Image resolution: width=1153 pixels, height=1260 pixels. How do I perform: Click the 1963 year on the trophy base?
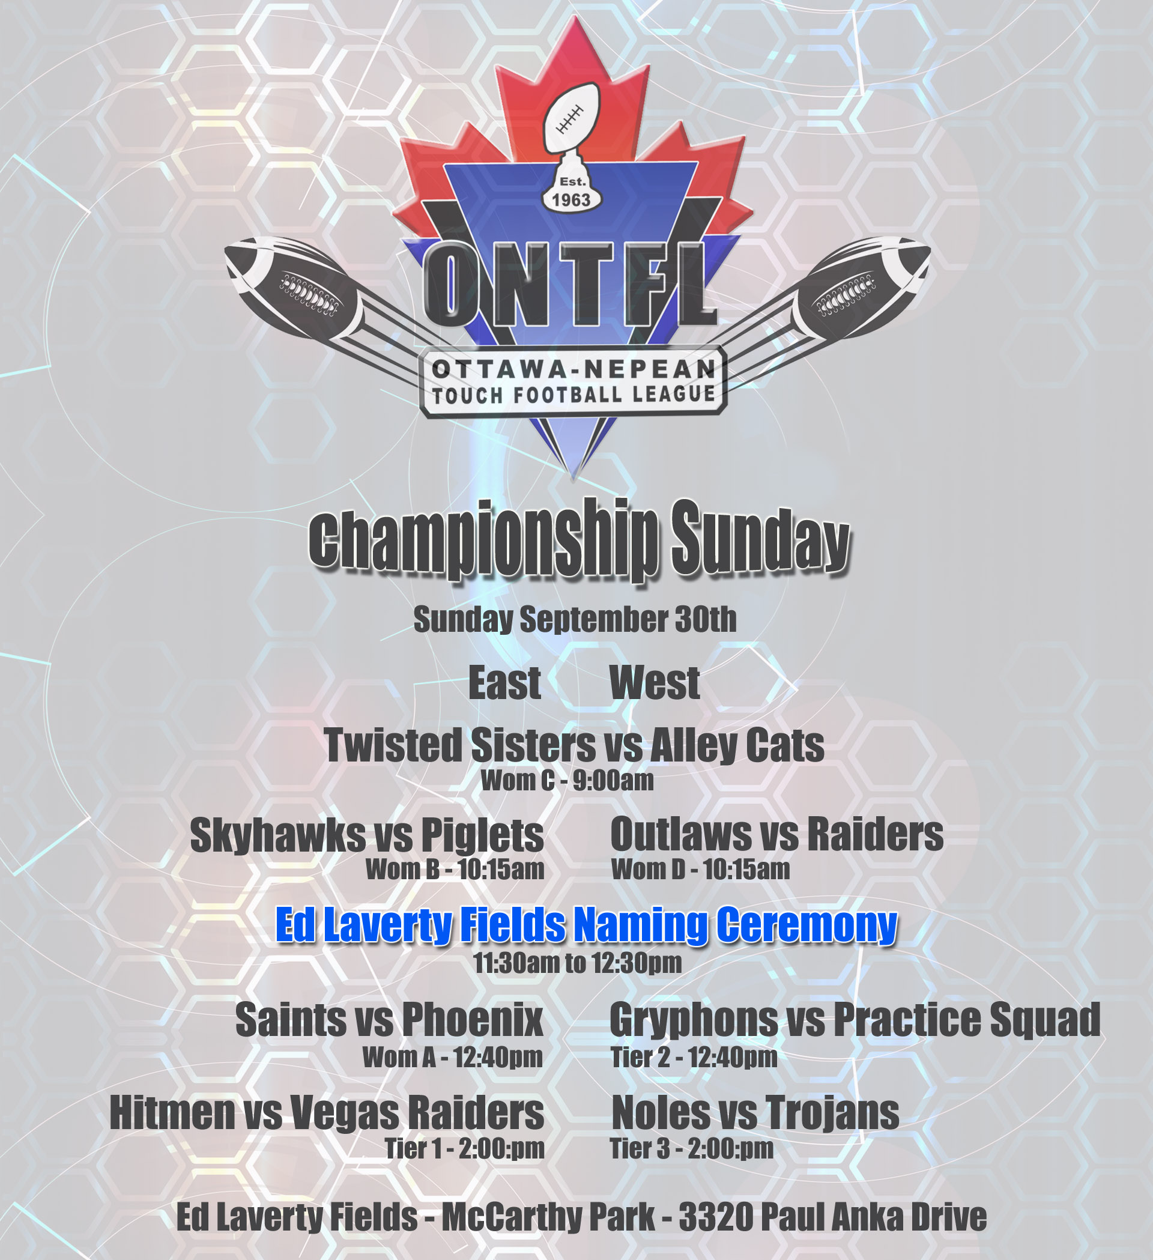(x=571, y=200)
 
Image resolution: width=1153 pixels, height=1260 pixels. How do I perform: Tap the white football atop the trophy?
(x=571, y=118)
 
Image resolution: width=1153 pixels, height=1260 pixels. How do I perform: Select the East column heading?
(x=505, y=682)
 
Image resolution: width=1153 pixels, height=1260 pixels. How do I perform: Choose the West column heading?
(x=655, y=682)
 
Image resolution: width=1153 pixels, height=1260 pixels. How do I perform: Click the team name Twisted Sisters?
(x=460, y=745)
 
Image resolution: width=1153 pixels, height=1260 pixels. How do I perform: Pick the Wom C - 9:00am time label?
(x=567, y=781)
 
